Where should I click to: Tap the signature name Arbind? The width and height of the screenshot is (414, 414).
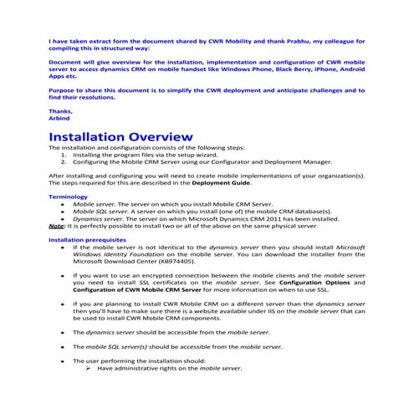tap(60, 118)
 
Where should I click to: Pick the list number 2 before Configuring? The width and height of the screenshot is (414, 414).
tap(64, 161)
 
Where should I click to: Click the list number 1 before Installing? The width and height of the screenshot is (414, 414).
tap(64, 155)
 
